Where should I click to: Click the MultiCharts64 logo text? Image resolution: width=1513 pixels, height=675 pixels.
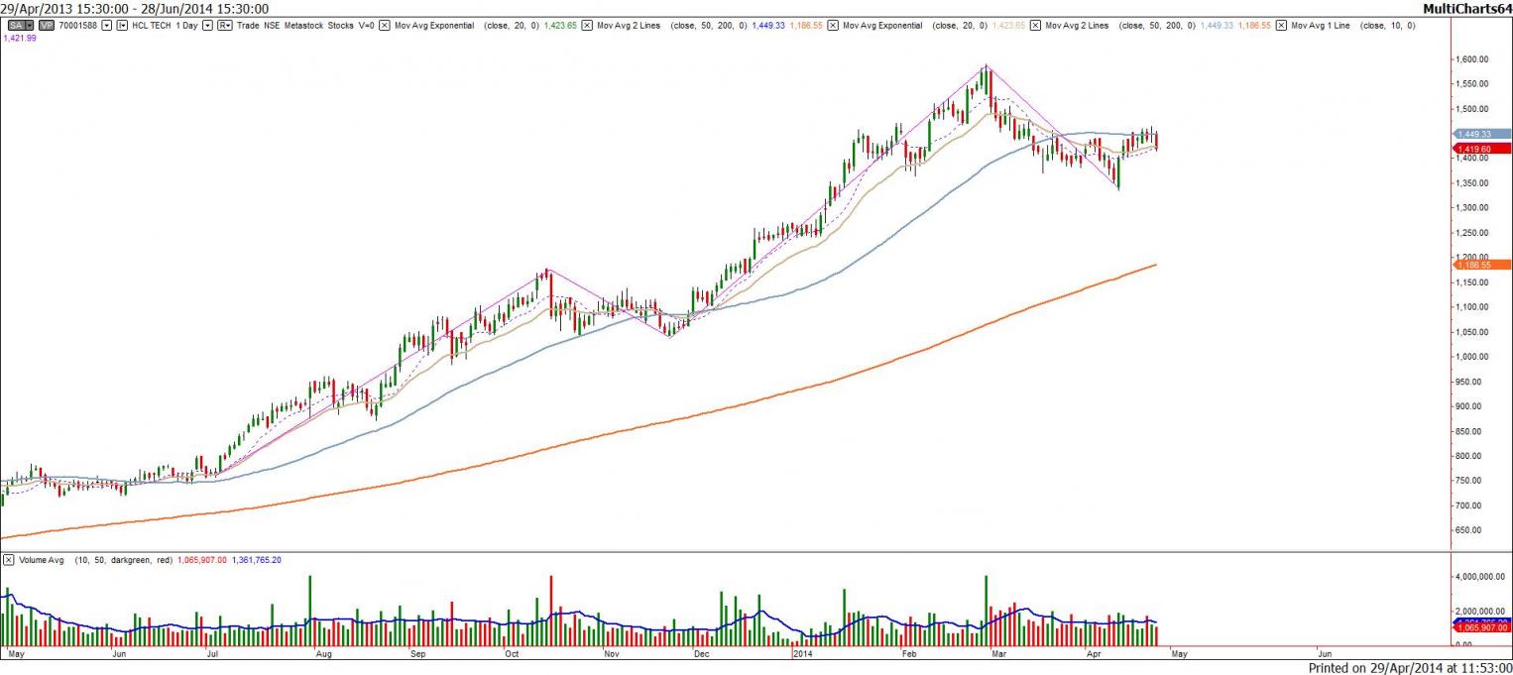1466,9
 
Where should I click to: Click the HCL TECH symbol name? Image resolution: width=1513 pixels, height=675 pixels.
153,25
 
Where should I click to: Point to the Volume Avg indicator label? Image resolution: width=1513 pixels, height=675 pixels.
42,560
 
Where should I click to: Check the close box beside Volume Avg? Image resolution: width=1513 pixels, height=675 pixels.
8,560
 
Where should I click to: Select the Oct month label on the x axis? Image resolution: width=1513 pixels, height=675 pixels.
512,655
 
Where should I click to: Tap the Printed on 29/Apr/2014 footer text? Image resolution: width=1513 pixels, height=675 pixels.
1409,668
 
